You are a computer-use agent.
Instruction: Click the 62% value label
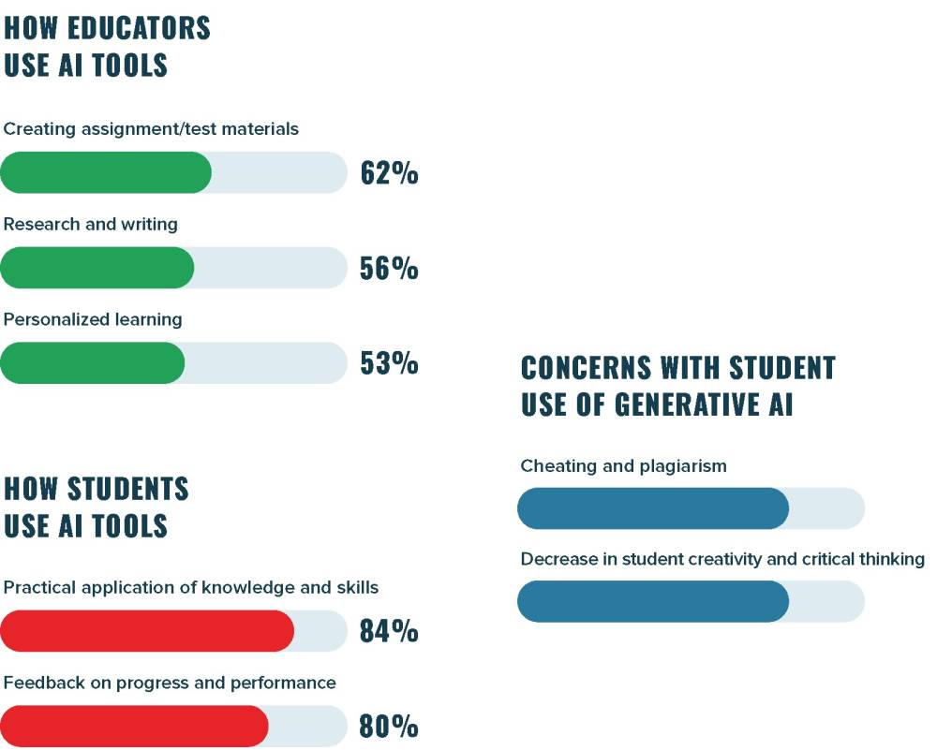(x=389, y=173)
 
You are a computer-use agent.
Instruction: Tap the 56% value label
(x=389, y=269)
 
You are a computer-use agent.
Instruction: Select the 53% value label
(x=389, y=363)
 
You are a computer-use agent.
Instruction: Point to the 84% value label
(x=389, y=631)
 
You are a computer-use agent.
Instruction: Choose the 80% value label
(x=389, y=727)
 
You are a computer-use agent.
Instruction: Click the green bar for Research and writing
(x=97, y=268)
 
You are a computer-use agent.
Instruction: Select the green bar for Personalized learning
(x=93, y=362)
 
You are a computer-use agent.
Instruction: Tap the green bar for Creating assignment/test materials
(x=106, y=172)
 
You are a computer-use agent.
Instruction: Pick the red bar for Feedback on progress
(x=135, y=726)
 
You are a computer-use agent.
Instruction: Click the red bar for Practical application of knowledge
(x=147, y=630)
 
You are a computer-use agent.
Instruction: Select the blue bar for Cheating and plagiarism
(x=653, y=508)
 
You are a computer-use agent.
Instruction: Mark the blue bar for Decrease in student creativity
(x=653, y=601)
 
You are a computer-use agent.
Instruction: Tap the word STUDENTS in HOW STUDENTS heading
(x=128, y=489)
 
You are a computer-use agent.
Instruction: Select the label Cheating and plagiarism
(x=623, y=465)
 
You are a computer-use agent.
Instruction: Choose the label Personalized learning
(x=93, y=319)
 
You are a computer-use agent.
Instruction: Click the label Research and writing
(x=90, y=225)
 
